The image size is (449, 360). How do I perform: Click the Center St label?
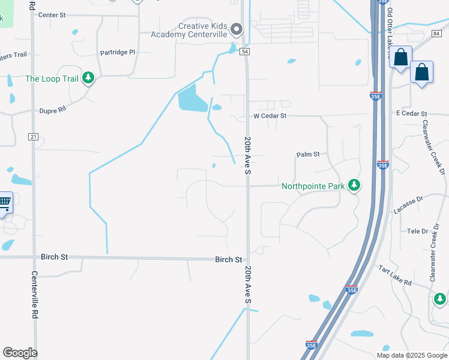click(x=52, y=14)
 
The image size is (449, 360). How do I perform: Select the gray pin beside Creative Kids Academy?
click(x=237, y=29)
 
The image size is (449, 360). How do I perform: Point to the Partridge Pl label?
click(x=118, y=52)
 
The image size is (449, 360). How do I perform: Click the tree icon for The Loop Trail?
click(x=88, y=78)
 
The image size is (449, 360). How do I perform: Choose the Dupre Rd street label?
click(x=51, y=110)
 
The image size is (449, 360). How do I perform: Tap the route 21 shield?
click(x=33, y=137)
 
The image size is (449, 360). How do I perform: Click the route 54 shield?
click(x=246, y=52)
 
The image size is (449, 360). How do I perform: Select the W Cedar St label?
click(x=270, y=115)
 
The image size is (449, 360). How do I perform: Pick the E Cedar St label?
click(x=411, y=113)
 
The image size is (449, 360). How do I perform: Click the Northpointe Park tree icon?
click(x=355, y=185)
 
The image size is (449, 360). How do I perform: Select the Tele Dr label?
click(x=417, y=231)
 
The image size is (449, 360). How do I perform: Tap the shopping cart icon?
click(x=4, y=202)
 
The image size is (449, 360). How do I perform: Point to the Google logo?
click(x=20, y=353)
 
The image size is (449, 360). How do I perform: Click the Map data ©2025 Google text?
click(x=411, y=355)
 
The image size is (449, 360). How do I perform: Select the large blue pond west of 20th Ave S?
click(x=192, y=98)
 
